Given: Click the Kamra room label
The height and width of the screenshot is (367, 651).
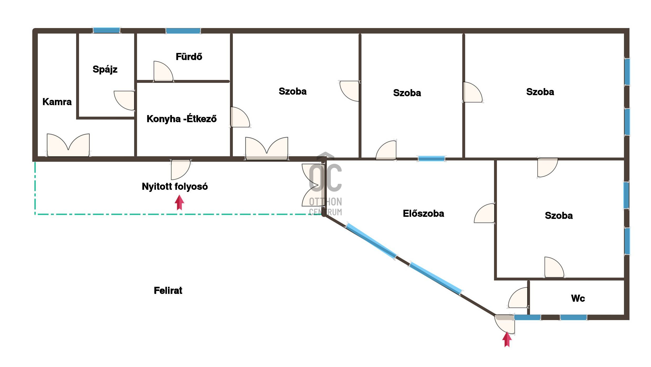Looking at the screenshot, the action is (57, 102).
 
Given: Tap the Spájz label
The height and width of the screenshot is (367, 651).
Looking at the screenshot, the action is (105, 69).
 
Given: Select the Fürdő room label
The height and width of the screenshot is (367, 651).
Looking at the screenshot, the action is (189, 57).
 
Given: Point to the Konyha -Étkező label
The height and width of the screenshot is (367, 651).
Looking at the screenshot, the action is (182, 119).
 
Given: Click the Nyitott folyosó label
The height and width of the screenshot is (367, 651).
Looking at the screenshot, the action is (175, 186).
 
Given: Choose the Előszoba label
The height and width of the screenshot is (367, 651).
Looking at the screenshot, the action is (423, 213).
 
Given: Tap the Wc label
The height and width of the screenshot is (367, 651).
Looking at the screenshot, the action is (578, 298).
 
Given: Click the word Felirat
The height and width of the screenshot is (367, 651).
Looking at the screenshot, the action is (168, 290).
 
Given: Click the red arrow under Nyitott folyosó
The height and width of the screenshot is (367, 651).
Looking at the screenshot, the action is (180, 202).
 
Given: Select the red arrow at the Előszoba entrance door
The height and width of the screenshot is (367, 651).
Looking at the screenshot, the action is (507, 339).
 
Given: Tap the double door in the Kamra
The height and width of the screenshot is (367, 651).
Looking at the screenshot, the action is (68, 145).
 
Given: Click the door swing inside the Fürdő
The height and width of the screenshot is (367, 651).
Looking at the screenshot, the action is (163, 71).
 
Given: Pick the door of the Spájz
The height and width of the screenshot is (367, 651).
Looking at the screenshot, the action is (124, 100).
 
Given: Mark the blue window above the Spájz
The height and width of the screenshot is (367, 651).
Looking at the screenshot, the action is (107, 30).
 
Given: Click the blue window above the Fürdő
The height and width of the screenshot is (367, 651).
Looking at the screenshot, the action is (183, 31).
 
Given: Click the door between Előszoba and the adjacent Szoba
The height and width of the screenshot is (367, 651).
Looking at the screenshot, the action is (485, 213).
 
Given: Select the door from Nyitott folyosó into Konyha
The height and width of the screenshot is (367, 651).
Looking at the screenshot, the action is (181, 169).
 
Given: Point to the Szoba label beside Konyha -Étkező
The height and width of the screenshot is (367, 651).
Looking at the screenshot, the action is (293, 91).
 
